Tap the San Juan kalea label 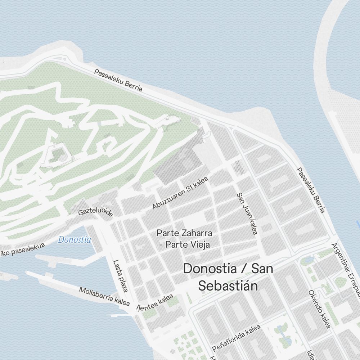pos(247,213)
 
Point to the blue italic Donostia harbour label pos(75,239)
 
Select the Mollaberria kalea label pos(104,296)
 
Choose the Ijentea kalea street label pos(155,302)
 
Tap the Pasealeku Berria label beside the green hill pos(118,80)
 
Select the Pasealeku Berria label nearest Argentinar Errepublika pos(311,190)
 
